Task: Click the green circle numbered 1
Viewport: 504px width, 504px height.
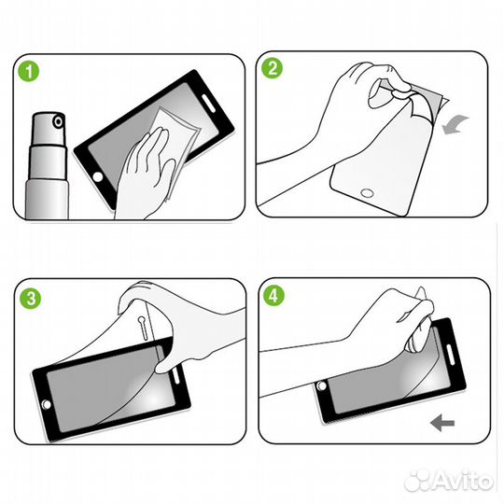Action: (x=28, y=71)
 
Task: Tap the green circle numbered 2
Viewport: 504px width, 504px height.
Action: (x=272, y=68)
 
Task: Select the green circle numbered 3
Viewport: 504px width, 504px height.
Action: (x=31, y=299)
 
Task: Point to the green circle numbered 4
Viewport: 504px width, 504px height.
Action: (x=273, y=295)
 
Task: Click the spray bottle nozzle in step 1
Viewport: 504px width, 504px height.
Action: (x=59, y=122)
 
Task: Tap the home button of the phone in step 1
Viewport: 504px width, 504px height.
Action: (x=98, y=176)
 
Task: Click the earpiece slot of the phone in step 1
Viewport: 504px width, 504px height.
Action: (x=208, y=103)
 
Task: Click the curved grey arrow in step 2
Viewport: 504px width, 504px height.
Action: (x=455, y=125)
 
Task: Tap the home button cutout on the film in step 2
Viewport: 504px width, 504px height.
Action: (x=367, y=193)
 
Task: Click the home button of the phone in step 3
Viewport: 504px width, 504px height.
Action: (x=47, y=404)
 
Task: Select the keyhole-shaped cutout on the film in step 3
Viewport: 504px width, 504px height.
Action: (x=143, y=328)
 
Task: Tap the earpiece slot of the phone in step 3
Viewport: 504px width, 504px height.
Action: (x=175, y=374)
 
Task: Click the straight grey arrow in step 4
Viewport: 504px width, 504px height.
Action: (x=442, y=423)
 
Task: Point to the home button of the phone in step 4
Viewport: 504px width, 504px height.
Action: (x=321, y=385)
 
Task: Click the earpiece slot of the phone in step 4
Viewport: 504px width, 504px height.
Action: (x=450, y=355)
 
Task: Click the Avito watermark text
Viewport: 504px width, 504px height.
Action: (x=463, y=481)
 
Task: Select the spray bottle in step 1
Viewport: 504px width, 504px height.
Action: (x=48, y=165)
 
